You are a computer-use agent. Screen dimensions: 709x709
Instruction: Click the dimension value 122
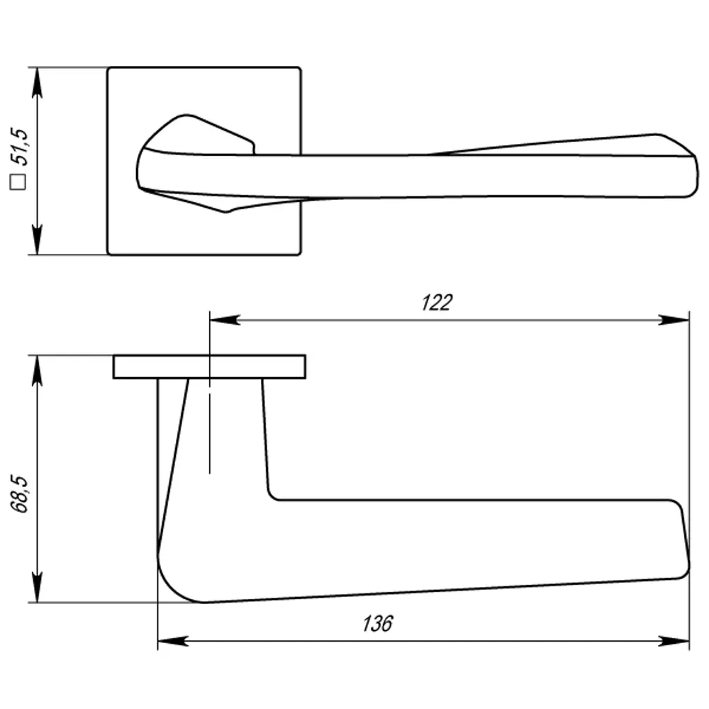pos(436,303)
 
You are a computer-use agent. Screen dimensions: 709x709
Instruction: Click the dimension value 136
pos(377,624)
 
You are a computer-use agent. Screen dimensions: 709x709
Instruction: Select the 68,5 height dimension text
pos(21,493)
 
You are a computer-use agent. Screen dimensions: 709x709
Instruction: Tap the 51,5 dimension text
pos(21,147)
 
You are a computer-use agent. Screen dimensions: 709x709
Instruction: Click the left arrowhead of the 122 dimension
pos(223,320)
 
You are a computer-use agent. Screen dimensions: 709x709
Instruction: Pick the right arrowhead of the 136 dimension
pos(675,641)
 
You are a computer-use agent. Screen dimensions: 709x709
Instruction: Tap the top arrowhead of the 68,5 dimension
pos(38,369)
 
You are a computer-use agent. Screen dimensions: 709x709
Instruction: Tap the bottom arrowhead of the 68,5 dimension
pos(38,589)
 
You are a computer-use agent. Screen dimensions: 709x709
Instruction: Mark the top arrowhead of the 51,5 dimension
pos(38,82)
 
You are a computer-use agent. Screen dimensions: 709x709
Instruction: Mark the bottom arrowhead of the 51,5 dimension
pos(38,240)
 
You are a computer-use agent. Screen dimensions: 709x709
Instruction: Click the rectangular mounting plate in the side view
pos(209,367)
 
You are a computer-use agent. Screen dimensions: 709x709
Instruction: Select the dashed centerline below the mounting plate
pos(210,432)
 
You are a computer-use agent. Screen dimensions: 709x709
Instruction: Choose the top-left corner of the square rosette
pos(108,69)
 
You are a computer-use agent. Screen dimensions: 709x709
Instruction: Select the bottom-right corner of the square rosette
pos(300,253)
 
